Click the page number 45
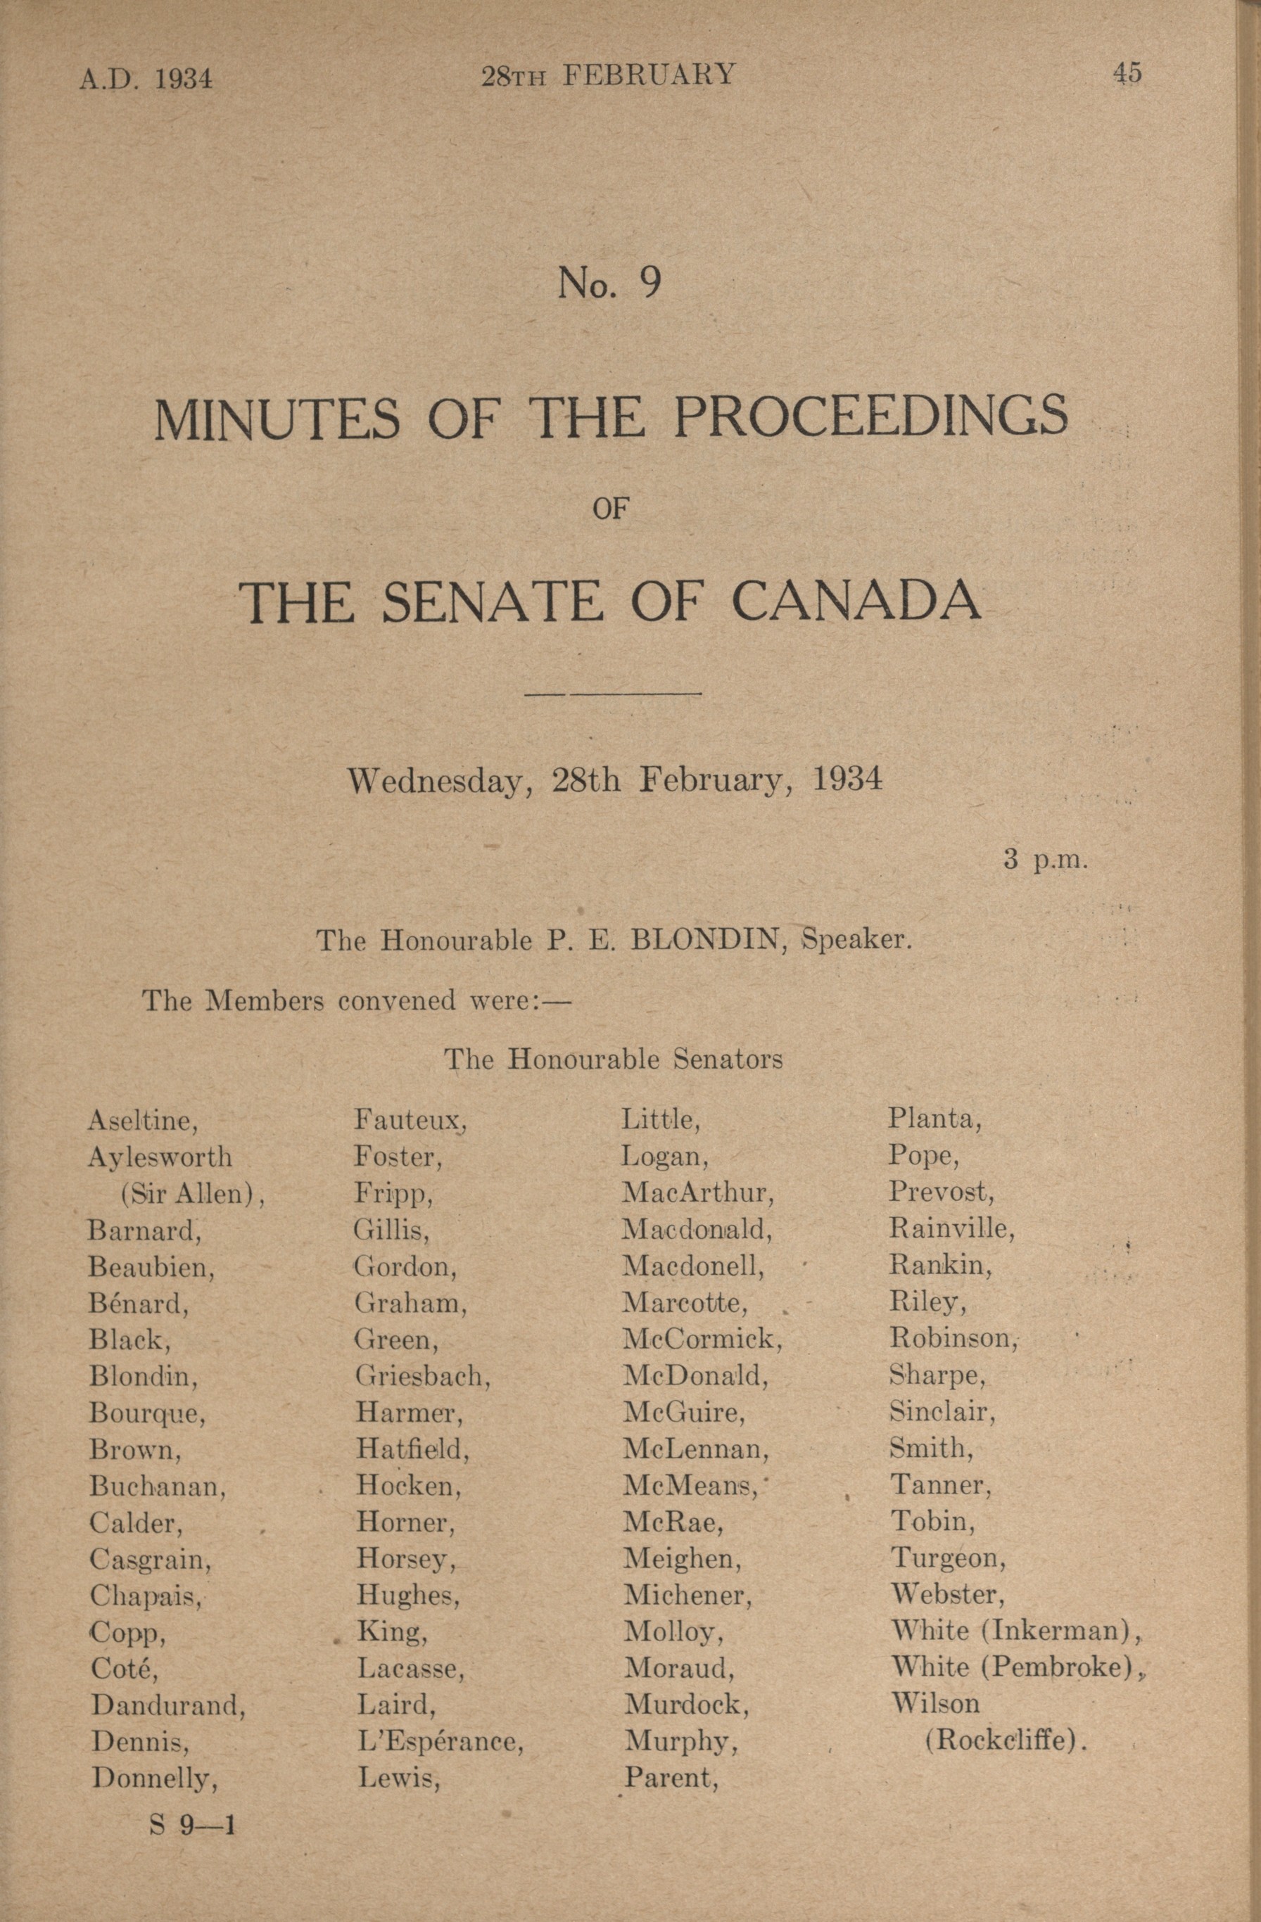click(x=1127, y=73)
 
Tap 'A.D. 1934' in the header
click(x=146, y=78)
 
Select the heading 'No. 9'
click(x=609, y=284)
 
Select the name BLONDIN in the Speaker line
click(x=706, y=941)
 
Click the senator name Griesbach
click(x=422, y=1375)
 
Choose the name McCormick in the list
click(x=701, y=1339)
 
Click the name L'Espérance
click(x=440, y=1742)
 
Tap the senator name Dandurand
click(x=167, y=1705)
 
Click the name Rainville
click(x=951, y=1229)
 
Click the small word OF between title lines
click(x=611, y=509)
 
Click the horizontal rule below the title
click(x=613, y=693)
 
